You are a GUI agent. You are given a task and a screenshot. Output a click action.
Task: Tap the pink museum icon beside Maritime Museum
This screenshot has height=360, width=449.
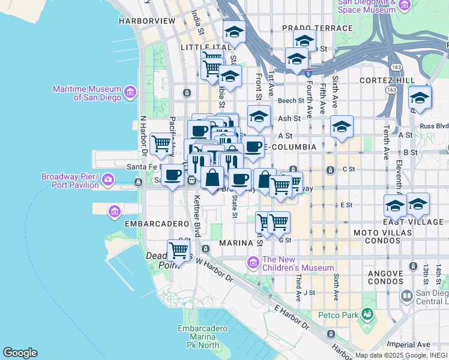click(130, 93)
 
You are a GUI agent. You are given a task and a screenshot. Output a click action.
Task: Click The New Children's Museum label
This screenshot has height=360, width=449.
click(297, 263)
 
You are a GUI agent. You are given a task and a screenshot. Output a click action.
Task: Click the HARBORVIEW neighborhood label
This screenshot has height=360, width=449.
click(146, 20)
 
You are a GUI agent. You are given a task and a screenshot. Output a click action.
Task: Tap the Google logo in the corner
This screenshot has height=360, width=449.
click(20, 353)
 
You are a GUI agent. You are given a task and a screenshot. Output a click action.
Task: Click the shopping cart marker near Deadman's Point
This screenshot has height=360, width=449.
click(178, 248)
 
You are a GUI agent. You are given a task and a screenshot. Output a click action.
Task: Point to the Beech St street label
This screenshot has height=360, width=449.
click(292, 101)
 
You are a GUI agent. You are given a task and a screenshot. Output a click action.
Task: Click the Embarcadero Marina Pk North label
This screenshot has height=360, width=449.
click(206, 337)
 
